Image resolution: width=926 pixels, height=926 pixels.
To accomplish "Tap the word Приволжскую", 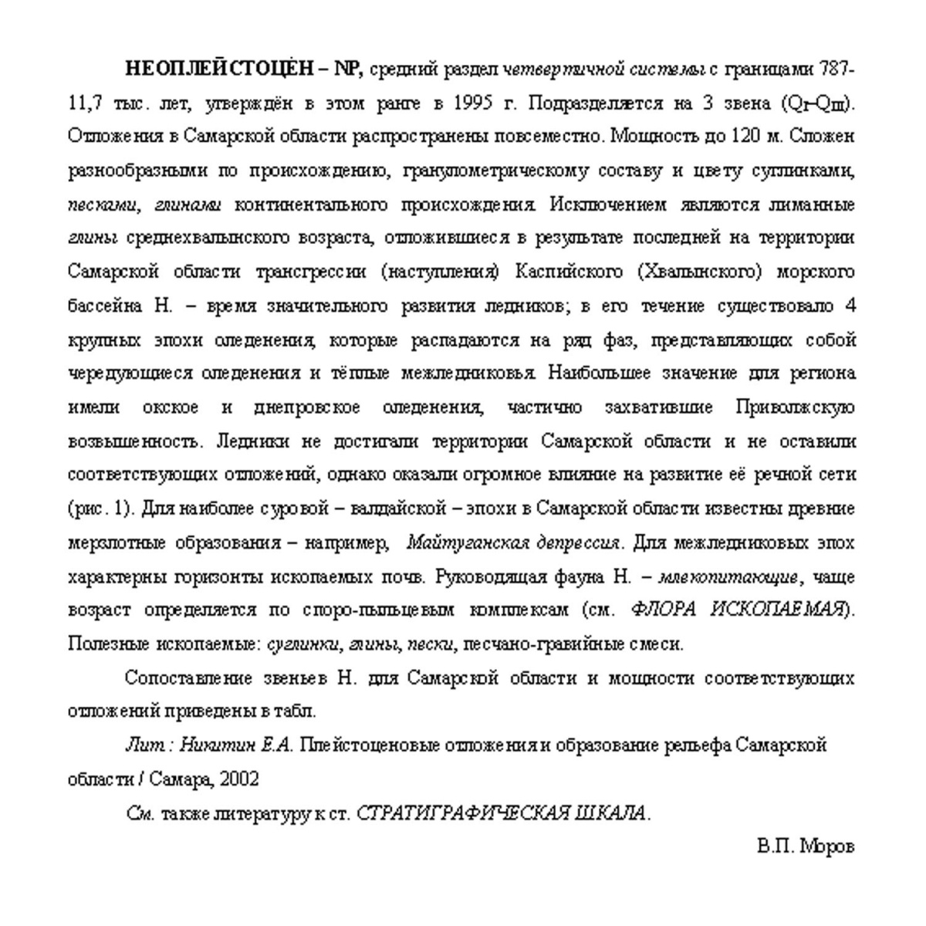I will click(796, 407).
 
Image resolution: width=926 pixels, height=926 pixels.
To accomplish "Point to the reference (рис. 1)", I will click(101, 510).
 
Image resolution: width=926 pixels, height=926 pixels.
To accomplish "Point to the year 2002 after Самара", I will click(238, 779).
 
